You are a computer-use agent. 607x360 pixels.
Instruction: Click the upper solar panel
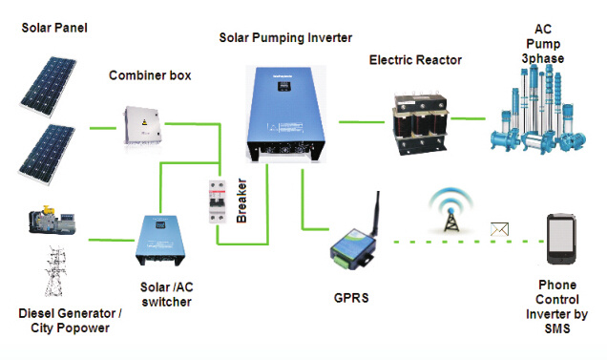[x=49, y=86]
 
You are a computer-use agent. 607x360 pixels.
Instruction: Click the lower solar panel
[x=47, y=154]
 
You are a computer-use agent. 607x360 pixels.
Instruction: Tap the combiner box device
[x=143, y=126]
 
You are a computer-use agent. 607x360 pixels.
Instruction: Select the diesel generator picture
[x=52, y=220]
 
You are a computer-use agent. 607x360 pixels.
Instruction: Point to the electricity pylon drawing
[x=55, y=271]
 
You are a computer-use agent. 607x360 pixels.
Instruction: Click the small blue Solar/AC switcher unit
[x=160, y=241]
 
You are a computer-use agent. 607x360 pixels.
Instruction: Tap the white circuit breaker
[x=218, y=201]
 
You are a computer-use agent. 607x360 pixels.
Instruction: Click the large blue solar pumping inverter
[x=286, y=114]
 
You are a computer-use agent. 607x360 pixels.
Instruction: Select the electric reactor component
[x=420, y=123]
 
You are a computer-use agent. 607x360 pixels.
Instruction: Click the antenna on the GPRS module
[x=376, y=213]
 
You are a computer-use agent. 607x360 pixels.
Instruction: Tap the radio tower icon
[x=450, y=210]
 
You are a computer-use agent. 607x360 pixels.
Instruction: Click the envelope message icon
[x=499, y=229]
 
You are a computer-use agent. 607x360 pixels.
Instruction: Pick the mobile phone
[x=561, y=239]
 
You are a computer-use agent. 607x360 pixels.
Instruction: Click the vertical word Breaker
[x=241, y=201]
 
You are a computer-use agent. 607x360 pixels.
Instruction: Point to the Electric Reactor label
[x=415, y=60]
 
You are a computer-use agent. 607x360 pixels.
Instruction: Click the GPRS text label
[x=351, y=298]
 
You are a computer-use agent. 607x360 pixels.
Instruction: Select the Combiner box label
[x=150, y=75]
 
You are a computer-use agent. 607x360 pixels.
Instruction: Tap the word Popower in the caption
[x=83, y=328]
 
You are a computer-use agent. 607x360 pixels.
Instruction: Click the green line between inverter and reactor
[x=362, y=122]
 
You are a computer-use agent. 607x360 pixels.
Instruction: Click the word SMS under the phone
[x=557, y=328]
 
